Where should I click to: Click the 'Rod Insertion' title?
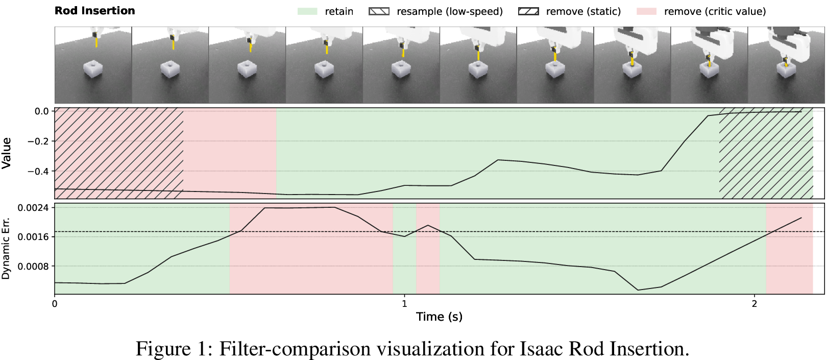[x=95, y=11]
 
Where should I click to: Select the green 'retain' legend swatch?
[x=307, y=11]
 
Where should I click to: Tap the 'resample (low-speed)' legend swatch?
[x=379, y=11]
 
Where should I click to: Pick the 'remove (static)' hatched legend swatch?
[x=528, y=11]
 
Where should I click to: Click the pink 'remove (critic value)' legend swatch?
[x=646, y=11]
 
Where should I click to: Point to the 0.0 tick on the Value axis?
[x=42, y=111]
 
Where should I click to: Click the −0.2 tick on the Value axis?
[x=38, y=141]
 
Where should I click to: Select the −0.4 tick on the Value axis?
[x=38, y=171]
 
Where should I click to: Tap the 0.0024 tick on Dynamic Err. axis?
[x=33, y=208]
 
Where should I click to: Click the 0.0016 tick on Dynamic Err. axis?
[x=33, y=237]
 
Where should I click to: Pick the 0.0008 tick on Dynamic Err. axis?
[x=33, y=266]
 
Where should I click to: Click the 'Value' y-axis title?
[x=6, y=153]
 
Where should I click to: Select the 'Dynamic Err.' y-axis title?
[x=6, y=248]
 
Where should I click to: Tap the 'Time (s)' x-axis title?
[x=439, y=317]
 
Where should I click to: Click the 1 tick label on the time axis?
[x=404, y=303]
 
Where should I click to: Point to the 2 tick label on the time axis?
[x=755, y=303]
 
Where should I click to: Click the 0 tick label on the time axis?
[x=55, y=303]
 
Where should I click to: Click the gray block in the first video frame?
[x=92, y=69]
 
